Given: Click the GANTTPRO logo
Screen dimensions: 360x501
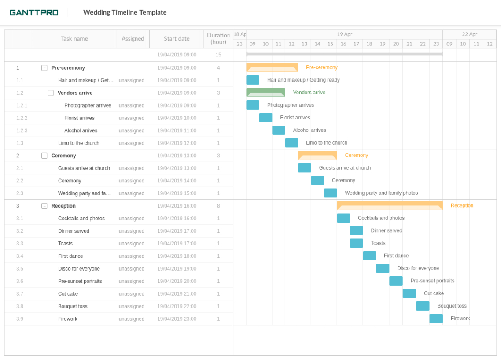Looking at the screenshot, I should coord(34,12).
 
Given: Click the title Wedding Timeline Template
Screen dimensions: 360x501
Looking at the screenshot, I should coord(125,12).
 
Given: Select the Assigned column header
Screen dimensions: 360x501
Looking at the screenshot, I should coord(133,39).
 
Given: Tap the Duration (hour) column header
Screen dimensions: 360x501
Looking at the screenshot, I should coord(218,39).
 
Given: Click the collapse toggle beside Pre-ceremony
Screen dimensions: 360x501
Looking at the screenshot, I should coord(44,68).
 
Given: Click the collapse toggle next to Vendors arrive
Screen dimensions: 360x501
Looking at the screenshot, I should coord(51,93).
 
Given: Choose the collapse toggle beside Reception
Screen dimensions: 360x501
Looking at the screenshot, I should coord(44,206).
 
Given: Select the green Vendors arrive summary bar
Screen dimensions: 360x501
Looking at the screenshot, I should coord(265,93).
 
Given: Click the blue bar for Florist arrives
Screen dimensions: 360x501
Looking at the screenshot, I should coord(265,118).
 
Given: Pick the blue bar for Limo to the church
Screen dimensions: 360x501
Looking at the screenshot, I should coord(291,143).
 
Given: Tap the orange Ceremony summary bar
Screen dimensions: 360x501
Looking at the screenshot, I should coord(317,156).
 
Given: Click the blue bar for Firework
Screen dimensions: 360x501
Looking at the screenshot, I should coord(436,319).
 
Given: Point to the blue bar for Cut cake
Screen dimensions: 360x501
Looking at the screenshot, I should coord(409,293).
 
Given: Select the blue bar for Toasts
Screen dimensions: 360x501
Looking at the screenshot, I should coord(356,243).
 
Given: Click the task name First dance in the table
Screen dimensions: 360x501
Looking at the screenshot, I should coord(70,256).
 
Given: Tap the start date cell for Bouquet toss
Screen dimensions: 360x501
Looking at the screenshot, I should coord(177,306).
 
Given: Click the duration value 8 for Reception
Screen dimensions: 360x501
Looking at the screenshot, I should coord(218,206).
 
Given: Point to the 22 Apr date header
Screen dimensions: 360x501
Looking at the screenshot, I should coord(469,34).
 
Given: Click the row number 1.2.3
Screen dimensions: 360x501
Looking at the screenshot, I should coord(22,130).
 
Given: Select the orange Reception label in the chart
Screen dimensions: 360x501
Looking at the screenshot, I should coord(462,206).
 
